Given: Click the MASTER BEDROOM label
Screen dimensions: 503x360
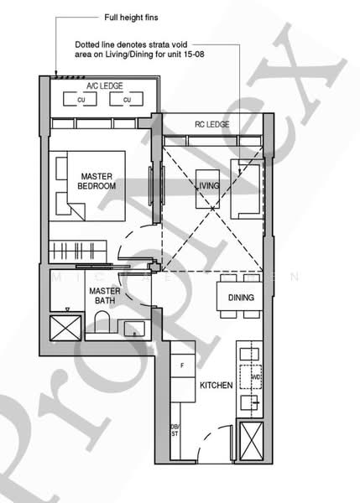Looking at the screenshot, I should pyautogui.click(x=97, y=181).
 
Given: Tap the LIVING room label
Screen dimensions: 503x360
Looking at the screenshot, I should pyautogui.click(x=209, y=185).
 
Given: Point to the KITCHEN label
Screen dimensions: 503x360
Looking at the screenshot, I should pyautogui.click(x=215, y=386).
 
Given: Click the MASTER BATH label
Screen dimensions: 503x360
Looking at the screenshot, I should pyautogui.click(x=106, y=295).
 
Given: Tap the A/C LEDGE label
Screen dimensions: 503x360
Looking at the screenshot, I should pyautogui.click(x=104, y=86).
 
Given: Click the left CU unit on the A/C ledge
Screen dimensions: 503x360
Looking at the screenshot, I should pyautogui.click(x=82, y=101).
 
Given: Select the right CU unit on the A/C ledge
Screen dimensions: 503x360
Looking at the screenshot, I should pyautogui.click(x=128, y=101).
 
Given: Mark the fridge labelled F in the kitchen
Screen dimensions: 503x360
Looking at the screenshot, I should pyautogui.click(x=182, y=366).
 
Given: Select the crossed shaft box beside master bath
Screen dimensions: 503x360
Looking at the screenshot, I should pyautogui.click(x=64, y=326).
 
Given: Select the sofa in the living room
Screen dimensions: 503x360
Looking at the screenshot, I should pyautogui.click(x=249, y=189).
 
